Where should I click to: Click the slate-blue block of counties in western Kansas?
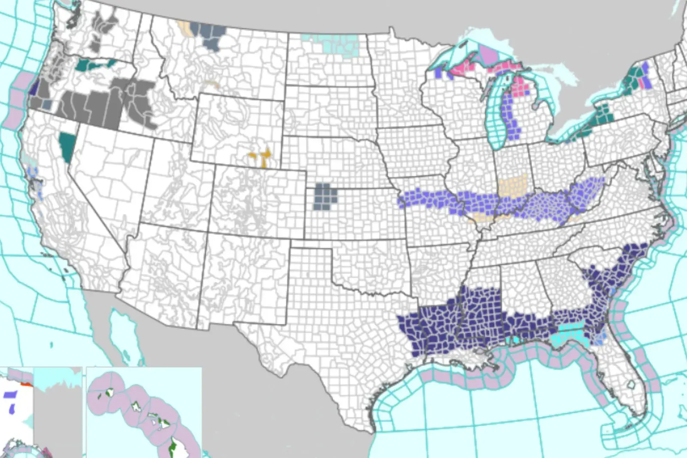click(325, 196)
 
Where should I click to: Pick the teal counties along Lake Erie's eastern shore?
click(603, 113)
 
